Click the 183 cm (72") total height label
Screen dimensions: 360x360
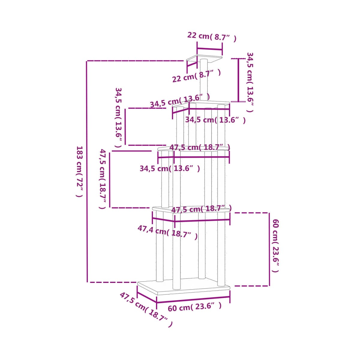tap(79, 172)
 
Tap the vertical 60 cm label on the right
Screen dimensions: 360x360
tap(276, 245)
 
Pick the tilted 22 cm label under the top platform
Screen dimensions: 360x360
tap(196, 76)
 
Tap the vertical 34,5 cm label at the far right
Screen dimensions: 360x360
tap(250, 82)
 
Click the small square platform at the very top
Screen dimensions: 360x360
tap(204, 59)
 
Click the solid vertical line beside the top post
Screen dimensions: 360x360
tap(238, 80)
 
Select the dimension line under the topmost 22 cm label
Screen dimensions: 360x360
tap(210, 49)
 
